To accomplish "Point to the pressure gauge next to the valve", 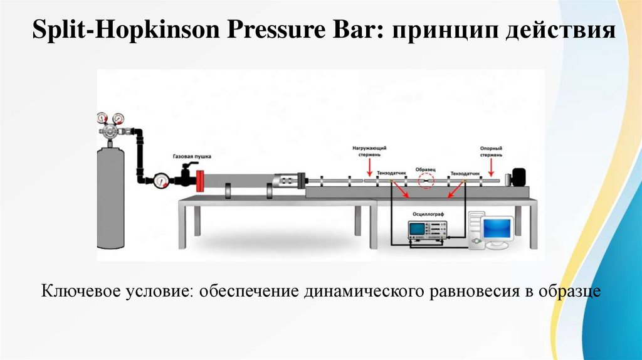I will [161, 181].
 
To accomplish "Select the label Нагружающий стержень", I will [369, 151].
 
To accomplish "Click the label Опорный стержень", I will [491, 151].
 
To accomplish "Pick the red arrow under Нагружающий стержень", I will [369, 167].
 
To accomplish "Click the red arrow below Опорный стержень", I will [491, 167].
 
